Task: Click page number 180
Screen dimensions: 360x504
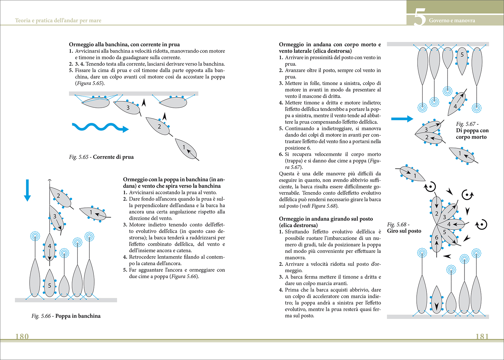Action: (x=22, y=336)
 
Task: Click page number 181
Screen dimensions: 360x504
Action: (x=482, y=336)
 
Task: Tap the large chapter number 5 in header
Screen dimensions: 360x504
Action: (x=419, y=18)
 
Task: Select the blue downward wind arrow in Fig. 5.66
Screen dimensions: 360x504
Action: (x=27, y=190)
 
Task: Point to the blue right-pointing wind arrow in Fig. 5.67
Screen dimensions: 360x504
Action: (x=402, y=119)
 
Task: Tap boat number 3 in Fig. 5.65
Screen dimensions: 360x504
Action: (x=127, y=107)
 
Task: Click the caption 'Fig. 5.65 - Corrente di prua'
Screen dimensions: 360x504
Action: (x=101, y=157)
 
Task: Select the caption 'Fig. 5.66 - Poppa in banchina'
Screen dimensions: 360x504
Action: (x=66, y=316)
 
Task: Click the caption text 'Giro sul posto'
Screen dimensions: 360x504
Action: (x=404, y=231)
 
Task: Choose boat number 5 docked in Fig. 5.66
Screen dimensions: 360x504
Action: (x=49, y=285)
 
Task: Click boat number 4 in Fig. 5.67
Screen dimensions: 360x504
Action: (x=456, y=105)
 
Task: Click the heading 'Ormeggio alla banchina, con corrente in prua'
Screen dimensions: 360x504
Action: (x=124, y=44)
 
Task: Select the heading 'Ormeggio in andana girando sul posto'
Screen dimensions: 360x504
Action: (x=326, y=219)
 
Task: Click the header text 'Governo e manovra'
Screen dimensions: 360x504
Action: (x=452, y=20)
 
